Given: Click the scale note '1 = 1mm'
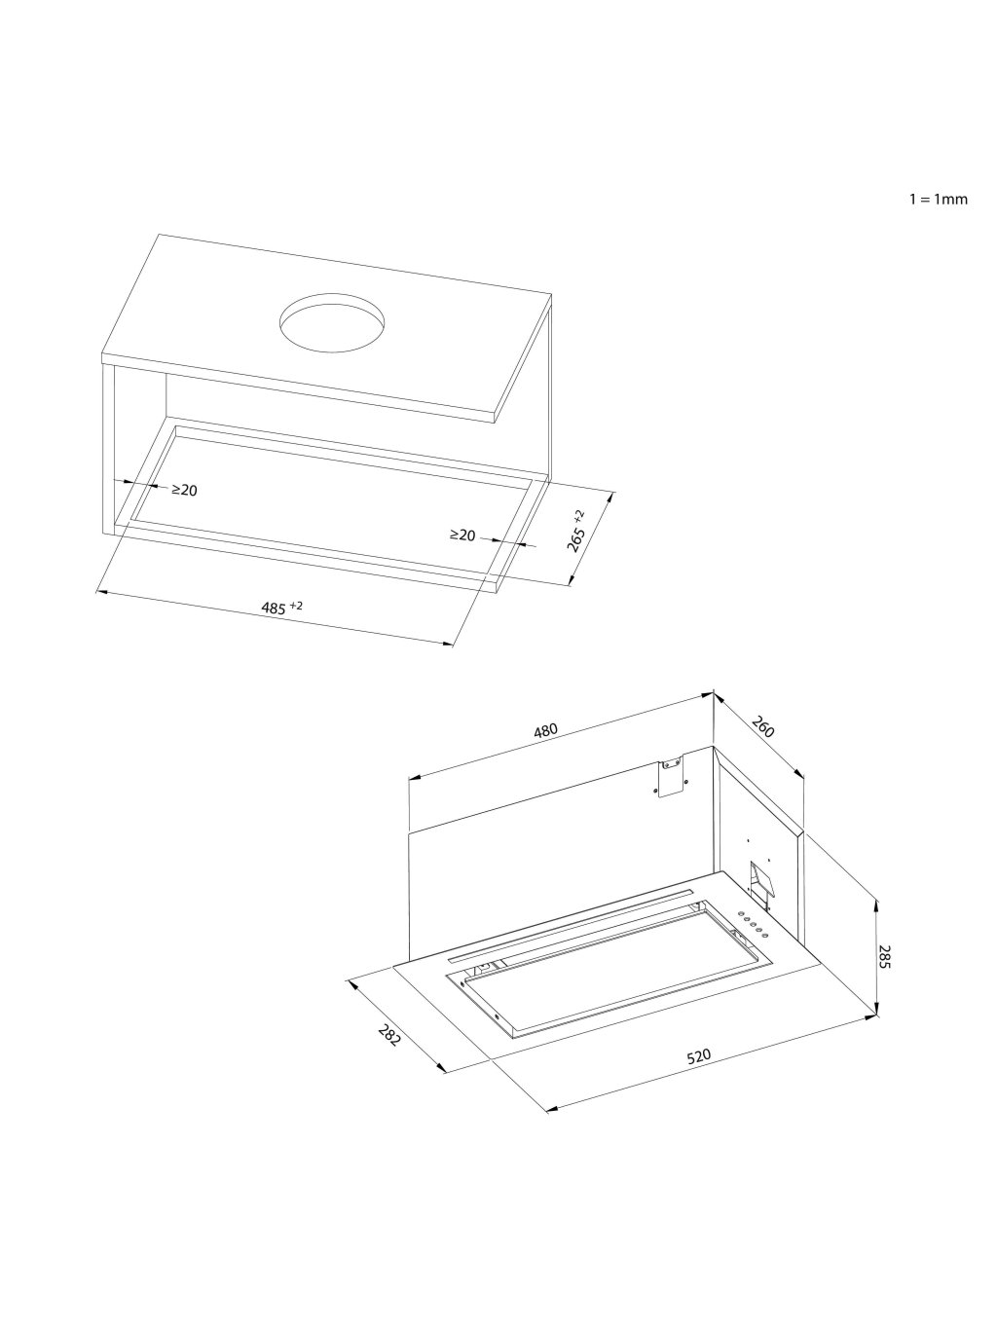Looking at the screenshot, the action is (938, 199).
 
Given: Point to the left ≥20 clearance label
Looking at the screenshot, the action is (184, 490).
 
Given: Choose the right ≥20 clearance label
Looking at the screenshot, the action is (462, 535).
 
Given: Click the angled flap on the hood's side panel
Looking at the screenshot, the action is (758, 881).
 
